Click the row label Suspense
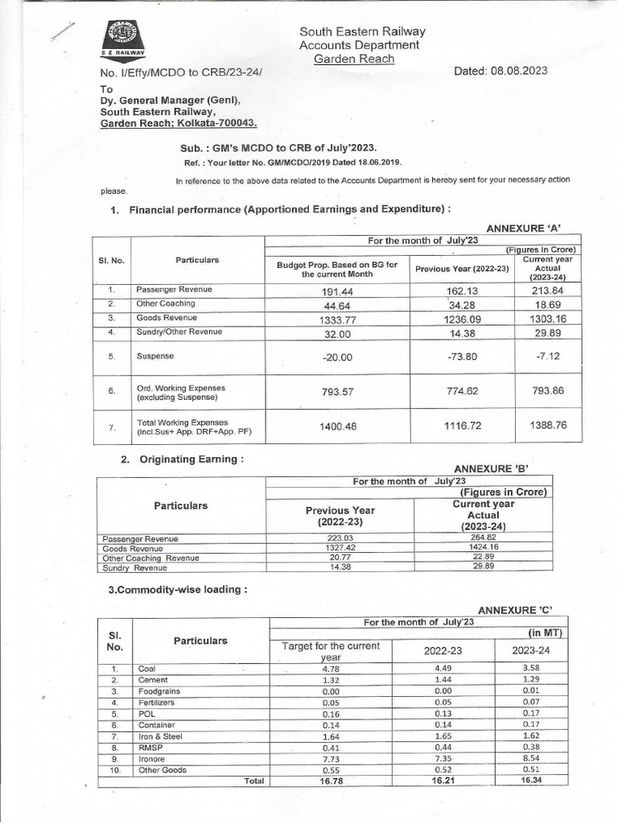click(155, 355)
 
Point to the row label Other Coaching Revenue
click(150, 557)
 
